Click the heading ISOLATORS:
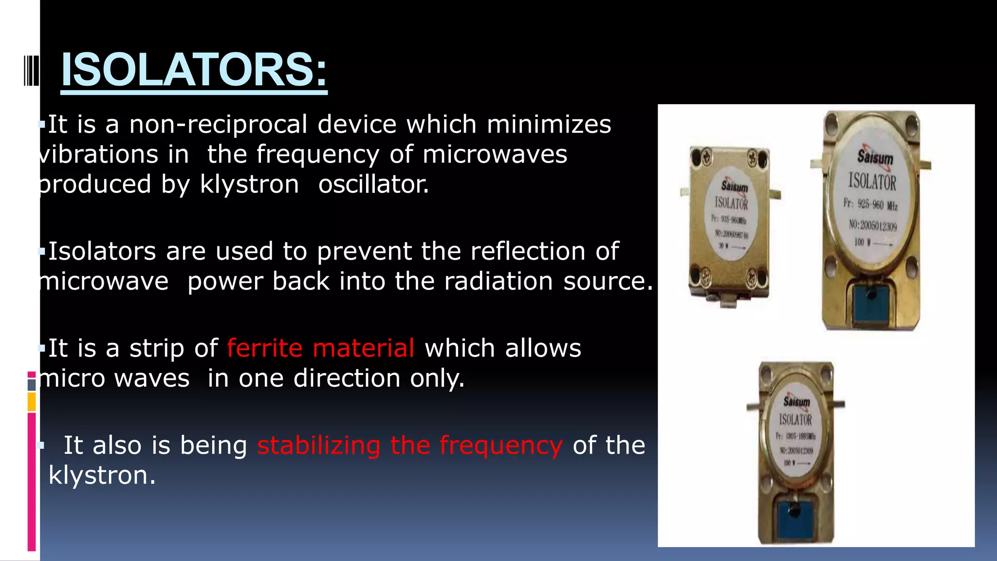194,70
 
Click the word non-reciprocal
218,124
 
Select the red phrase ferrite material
320,348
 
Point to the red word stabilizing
318,445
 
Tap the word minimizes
549,124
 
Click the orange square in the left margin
32,402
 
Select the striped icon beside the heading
31,71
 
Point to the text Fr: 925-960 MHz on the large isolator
870,204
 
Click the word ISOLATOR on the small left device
731,203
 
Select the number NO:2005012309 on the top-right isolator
872,225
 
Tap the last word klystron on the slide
101,475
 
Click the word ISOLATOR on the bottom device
795,419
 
